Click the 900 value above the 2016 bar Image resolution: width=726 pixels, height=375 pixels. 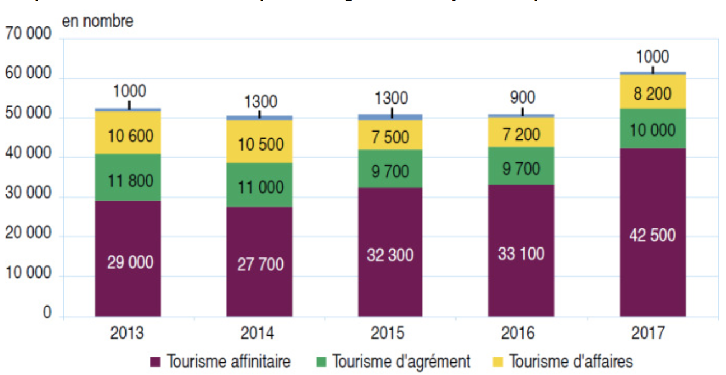click(522, 97)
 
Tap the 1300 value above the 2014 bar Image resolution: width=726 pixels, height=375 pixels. click(260, 101)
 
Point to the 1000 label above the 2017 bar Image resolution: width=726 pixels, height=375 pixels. click(652, 57)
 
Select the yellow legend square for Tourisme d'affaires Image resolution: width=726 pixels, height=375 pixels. click(499, 362)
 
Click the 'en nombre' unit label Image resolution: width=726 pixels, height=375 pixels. click(97, 22)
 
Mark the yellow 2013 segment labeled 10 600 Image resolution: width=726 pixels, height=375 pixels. click(128, 135)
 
